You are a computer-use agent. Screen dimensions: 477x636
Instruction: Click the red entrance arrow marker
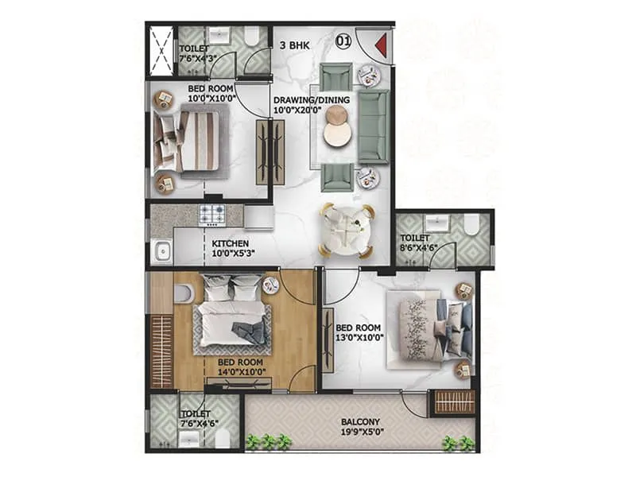(x=380, y=45)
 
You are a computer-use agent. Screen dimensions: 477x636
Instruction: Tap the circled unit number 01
(x=343, y=38)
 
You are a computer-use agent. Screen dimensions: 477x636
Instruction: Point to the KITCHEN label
(x=231, y=243)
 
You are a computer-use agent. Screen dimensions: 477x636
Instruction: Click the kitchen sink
(x=162, y=252)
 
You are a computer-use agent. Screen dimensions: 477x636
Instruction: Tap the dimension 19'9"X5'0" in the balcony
(x=359, y=434)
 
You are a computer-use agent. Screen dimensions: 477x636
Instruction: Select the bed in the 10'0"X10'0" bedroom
(x=192, y=141)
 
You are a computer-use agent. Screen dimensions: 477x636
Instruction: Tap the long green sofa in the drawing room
(x=373, y=126)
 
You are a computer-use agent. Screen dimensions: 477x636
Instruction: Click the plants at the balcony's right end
(x=460, y=443)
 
